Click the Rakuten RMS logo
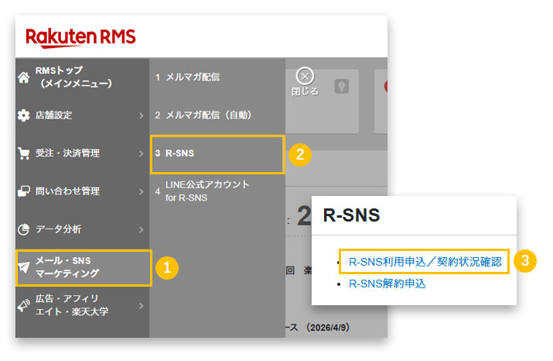pyautogui.click(x=81, y=36)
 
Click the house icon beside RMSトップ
pyautogui.click(x=23, y=76)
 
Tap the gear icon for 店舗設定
pyautogui.click(x=23, y=115)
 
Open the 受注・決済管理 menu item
pyautogui.click(x=67, y=153)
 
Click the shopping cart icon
pyautogui.click(x=23, y=153)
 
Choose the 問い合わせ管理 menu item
pyautogui.click(x=67, y=191)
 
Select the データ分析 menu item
pyautogui.click(x=58, y=229)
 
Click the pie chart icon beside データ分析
pyautogui.click(x=23, y=229)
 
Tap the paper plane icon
pyautogui.click(x=24, y=267)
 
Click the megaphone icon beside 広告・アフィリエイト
pyautogui.click(x=24, y=305)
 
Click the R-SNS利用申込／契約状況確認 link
pyautogui.click(x=425, y=262)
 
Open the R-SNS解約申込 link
pyautogui.click(x=387, y=284)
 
